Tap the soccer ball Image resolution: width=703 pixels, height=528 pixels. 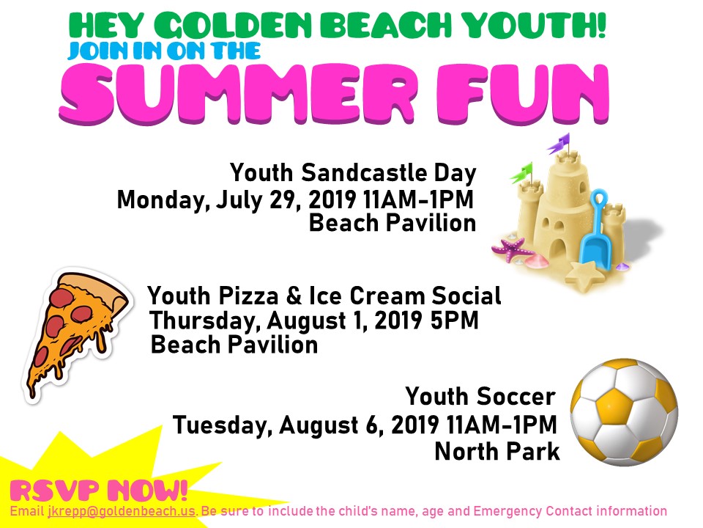point(624,412)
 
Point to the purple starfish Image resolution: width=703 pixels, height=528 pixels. point(510,249)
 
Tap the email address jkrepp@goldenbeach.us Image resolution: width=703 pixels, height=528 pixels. point(122,511)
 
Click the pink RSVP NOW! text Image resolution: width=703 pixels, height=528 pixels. point(98,491)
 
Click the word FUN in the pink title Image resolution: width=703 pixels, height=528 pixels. point(522,94)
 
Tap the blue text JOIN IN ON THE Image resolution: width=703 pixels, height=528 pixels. point(164,51)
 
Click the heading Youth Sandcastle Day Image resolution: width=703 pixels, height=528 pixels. point(353,174)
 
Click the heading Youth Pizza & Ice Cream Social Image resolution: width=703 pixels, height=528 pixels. point(324,296)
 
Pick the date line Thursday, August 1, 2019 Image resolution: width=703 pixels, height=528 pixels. point(286,320)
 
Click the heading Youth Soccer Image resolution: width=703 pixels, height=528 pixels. point(480,397)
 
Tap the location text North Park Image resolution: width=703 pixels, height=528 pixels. point(497,451)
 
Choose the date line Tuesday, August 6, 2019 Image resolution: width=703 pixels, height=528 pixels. point(306,425)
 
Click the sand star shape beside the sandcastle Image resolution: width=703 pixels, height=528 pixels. point(584,275)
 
